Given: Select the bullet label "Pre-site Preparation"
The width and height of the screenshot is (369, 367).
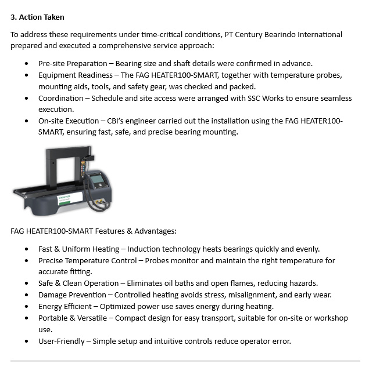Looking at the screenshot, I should [74, 63].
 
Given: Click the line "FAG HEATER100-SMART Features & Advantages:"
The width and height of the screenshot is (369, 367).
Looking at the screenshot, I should [94, 231].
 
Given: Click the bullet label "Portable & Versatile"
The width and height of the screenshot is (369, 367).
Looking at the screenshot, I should [74, 318].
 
